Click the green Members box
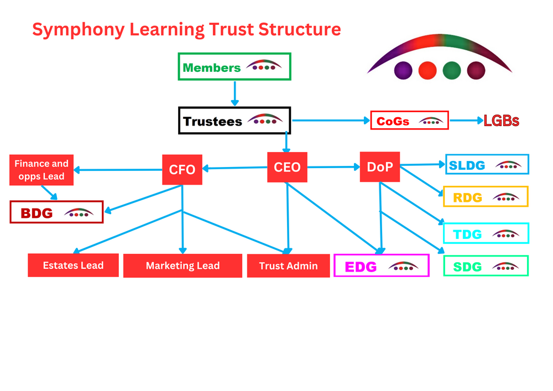(x=234, y=67)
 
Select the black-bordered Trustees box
(x=234, y=121)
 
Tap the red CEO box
(x=287, y=166)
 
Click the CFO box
(x=182, y=169)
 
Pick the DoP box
(x=379, y=166)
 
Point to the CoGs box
(x=409, y=121)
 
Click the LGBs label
(x=501, y=121)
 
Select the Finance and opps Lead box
(x=41, y=170)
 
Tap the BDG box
(x=56, y=212)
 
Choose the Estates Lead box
(x=73, y=265)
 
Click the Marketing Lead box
(x=182, y=266)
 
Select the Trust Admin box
(x=288, y=266)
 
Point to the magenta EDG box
(x=382, y=266)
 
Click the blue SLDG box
(x=487, y=165)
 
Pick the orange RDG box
(x=486, y=197)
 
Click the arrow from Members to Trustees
(x=234, y=93)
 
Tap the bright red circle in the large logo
(x=427, y=70)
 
